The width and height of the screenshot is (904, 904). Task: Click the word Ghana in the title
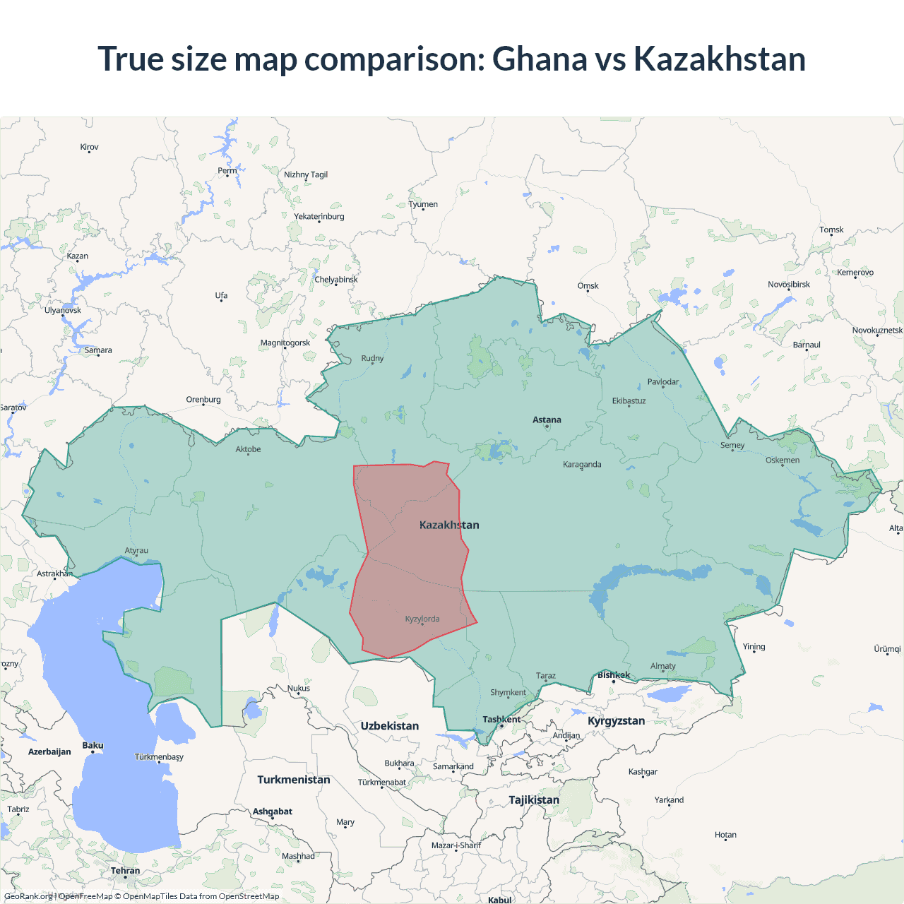tap(539, 59)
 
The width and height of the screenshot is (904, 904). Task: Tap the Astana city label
tap(547, 420)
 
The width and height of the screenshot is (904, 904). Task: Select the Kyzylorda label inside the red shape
tap(422, 619)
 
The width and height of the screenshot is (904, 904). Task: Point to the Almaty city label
tap(662, 665)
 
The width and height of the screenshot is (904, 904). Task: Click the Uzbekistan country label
tap(389, 725)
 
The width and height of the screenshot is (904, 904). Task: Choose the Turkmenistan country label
tap(293, 780)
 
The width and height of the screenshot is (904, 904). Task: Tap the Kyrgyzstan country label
tap(616, 720)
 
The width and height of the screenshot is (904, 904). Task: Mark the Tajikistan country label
tap(534, 799)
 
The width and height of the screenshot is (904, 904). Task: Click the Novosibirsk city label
tap(789, 285)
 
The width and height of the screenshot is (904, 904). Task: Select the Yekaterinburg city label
tap(319, 216)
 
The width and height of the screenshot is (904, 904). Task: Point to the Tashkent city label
tap(501, 719)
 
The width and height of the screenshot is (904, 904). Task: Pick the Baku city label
tap(93, 745)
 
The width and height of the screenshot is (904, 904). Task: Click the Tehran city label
tap(125, 870)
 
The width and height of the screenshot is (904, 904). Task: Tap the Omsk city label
tap(588, 286)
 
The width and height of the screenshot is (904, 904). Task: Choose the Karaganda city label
tap(582, 464)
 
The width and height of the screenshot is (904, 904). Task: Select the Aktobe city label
tap(248, 449)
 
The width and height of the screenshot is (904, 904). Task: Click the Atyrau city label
tap(136, 550)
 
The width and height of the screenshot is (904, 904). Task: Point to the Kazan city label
tap(78, 256)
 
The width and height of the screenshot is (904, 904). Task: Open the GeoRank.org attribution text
tap(28, 896)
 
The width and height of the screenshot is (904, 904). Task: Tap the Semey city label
tap(732, 445)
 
